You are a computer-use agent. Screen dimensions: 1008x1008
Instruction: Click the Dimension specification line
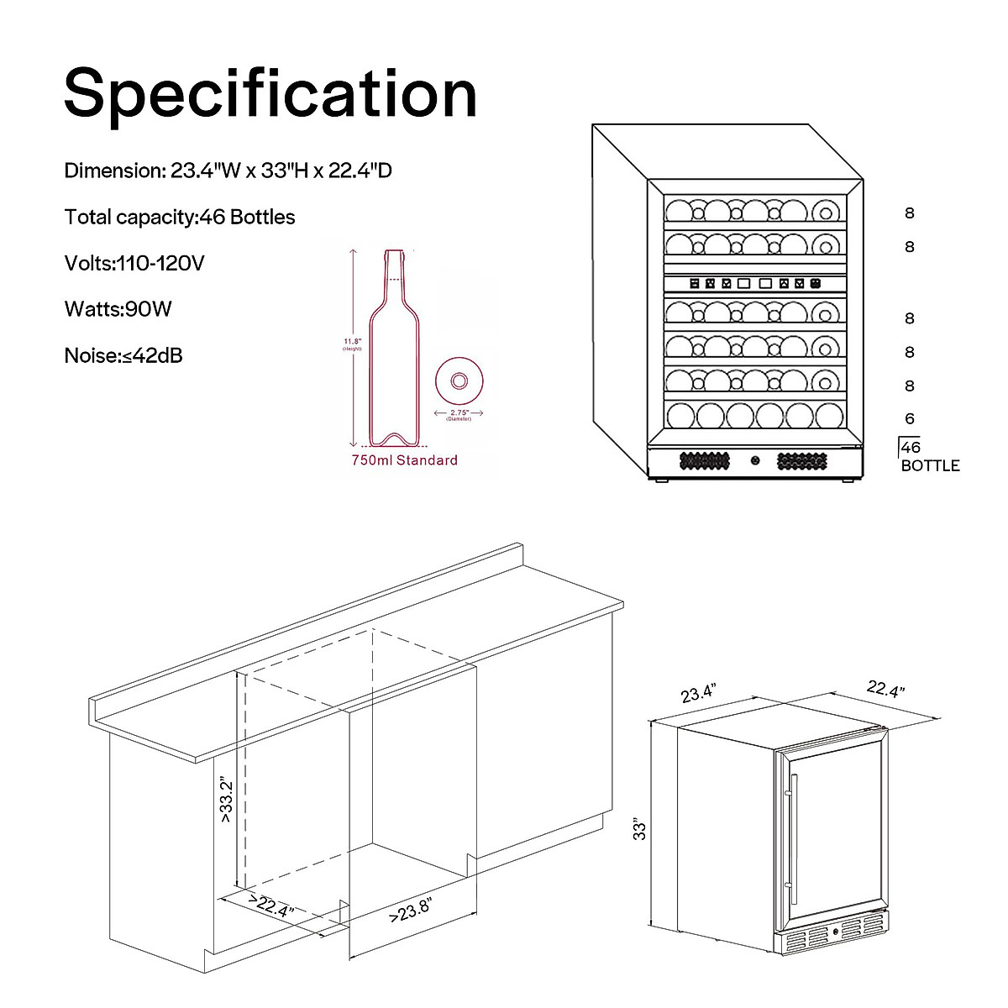coord(228,171)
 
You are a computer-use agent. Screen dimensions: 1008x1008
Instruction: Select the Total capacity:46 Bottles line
coord(180,218)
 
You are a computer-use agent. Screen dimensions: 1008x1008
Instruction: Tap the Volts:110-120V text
coord(134,264)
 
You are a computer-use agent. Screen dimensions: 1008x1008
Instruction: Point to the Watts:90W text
coord(118,309)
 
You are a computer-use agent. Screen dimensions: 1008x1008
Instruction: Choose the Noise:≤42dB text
coord(123,355)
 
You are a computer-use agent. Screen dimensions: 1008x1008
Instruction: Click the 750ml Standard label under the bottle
coord(404,460)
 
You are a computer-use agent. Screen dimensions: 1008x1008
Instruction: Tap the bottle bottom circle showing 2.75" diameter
coord(459,381)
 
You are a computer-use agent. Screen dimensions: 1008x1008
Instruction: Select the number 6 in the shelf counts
coord(910,419)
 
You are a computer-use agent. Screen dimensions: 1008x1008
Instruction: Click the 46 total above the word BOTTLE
coord(911,448)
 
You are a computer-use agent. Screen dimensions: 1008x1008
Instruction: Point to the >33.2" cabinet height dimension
coord(225,799)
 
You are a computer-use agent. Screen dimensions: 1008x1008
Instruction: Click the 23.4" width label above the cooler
coord(698,694)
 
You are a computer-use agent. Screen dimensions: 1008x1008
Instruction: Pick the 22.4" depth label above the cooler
coord(885,690)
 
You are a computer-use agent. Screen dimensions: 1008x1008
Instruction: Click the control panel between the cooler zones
coord(753,284)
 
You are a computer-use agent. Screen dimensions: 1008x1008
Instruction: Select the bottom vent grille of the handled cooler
coord(832,932)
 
